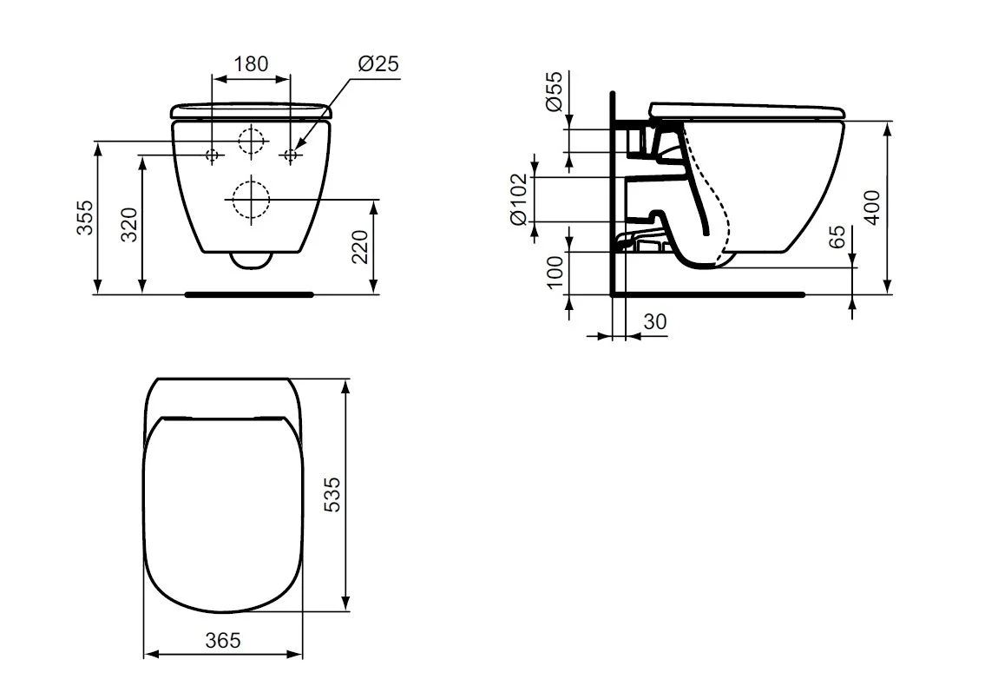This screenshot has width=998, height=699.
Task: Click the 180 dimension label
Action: (x=252, y=63)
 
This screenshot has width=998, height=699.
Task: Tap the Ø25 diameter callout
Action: (x=378, y=63)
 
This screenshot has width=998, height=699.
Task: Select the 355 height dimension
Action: (x=85, y=217)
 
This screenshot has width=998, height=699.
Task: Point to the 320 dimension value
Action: (x=130, y=224)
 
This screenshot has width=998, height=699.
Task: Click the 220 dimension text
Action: (x=360, y=247)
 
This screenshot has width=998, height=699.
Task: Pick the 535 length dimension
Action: (x=332, y=495)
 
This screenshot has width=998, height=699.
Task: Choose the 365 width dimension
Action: (x=223, y=641)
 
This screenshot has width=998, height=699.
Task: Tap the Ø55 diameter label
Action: (x=555, y=92)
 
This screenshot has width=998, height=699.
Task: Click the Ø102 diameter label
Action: (x=519, y=199)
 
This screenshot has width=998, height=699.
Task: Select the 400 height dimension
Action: (x=872, y=208)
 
